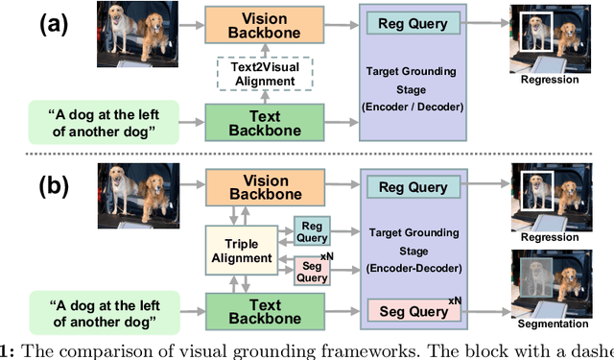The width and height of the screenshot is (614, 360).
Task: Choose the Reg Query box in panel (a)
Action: pos(413,23)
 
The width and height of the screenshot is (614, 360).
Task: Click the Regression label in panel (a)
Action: pos(550,80)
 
